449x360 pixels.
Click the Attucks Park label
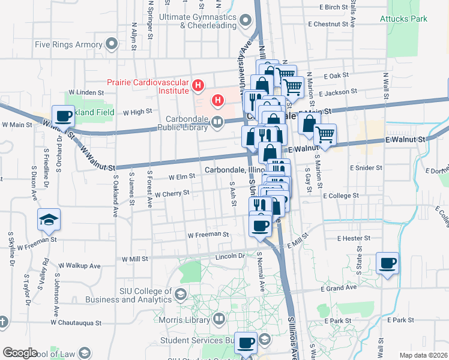point(403,19)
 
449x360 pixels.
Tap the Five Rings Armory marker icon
point(111,44)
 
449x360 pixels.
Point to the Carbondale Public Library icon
point(217,123)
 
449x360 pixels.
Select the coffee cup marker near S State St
point(387,263)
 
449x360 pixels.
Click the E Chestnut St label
point(328,24)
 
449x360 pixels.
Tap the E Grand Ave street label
point(339,289)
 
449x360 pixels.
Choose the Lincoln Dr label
point(231,256)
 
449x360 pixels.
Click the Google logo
point(19,353)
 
